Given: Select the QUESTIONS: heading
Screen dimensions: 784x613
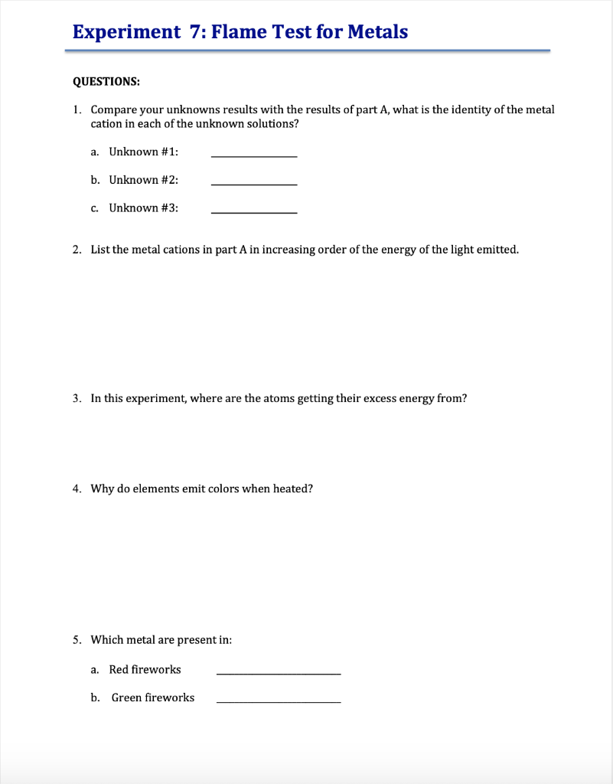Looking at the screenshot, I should click(x=106, y=81).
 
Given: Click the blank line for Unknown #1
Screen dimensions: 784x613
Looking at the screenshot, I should click(x=253, y=155).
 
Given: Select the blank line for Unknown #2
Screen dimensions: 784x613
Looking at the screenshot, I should click(x=253, y=184).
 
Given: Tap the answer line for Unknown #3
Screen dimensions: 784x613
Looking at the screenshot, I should click(x=253, y=212).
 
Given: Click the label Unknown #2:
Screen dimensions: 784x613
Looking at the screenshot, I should click(x=144, y=180).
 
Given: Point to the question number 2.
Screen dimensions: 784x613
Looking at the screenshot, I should click(x=77, y=250).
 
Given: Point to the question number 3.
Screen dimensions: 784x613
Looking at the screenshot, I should click(x=77, y=398).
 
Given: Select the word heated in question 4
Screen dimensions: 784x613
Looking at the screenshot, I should click(x=293, y=488).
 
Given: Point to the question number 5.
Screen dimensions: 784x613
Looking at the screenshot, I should click(x=77, y=639).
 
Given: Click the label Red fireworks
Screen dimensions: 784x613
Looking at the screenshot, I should click(x=145, y=670).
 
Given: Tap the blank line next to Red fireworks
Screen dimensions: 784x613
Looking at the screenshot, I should click(x=279, y=673).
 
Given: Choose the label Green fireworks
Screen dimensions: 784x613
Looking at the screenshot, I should click(x=153, y=697).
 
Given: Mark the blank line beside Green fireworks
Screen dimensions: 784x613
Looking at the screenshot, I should click(x=279, y=701).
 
